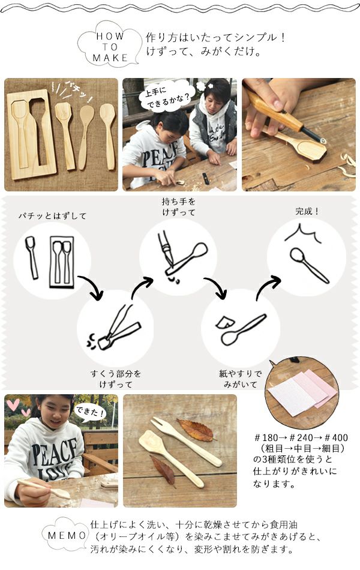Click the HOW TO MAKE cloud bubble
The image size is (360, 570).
pos(109,46)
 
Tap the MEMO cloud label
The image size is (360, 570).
pos(67,535)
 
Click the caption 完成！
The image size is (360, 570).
pos(307,211)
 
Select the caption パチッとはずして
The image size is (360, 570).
pos(52,216)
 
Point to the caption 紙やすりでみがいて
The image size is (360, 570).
pos(241,379)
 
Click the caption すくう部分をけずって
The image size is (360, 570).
pos(116,379)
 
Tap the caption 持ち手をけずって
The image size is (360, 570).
pos(179,206)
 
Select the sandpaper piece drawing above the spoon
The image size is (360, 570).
pos(225,322)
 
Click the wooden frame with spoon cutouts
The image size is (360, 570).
pos(31,134)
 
